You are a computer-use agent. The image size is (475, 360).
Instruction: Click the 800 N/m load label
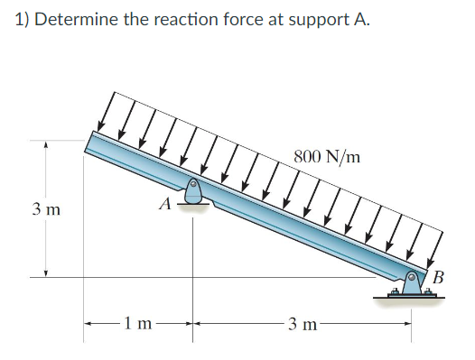click(327, 156)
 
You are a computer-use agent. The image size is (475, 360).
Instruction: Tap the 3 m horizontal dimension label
click(303, 322)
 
